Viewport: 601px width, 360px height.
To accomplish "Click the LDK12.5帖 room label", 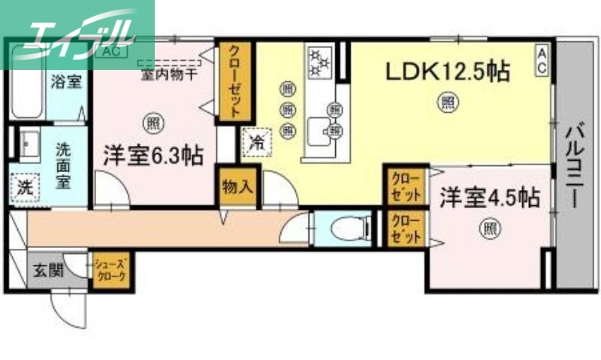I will pyautogui.click(x=448, y=72).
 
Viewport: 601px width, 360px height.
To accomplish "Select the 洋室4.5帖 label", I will pyautogui.click(x=489, y=198).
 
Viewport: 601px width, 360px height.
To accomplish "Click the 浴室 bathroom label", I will pyautogui.click(x=66, y=81).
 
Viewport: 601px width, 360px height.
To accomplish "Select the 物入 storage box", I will pyautogui.click(x=237, y=186).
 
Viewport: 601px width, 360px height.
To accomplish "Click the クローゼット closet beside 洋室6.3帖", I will pyautogui.click(x=235, y=81).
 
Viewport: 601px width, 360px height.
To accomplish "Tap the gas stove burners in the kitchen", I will pyautogui.click(x=322, y=62).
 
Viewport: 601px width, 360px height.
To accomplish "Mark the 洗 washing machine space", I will pyautogui.click(x=26, y=186).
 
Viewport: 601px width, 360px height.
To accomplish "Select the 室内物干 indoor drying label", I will pyautogui.click(x=169, y=73).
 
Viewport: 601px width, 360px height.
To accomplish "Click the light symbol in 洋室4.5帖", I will pyautogui.click(x=489, y=226).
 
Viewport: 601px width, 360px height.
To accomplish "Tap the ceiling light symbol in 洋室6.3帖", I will pyautogui.click(x=153, y=120).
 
